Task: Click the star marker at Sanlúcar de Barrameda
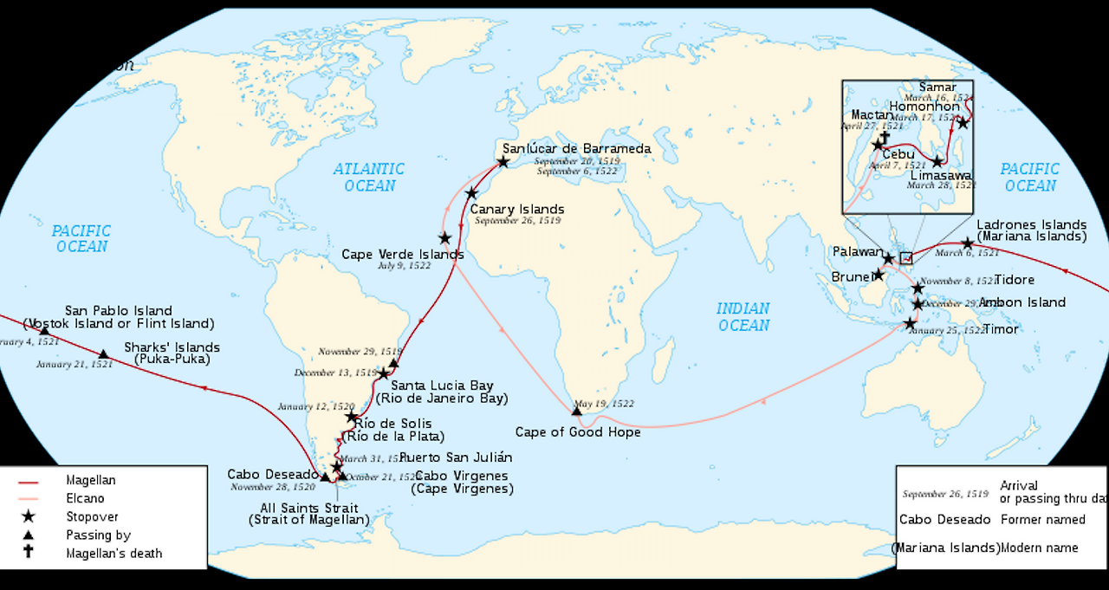[503, 162]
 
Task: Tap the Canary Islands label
[517, 209]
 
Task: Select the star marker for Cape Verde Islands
[444, 238]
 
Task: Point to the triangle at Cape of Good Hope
[577, 411]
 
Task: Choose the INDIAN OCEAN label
[743, 317]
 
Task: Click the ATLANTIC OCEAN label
[369, 178]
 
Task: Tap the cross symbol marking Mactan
[885, 137]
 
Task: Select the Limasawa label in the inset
[940, 175]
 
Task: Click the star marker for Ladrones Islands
[968, 243]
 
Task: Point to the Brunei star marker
[879, 275]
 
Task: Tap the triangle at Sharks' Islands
[103, 354]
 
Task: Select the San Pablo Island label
[119, 311]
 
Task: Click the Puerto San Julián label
[456, 457]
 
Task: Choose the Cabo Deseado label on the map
[273, 475]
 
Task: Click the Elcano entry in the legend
[85, 498]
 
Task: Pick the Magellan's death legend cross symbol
[29, 553]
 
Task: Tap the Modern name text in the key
[1040, 548]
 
